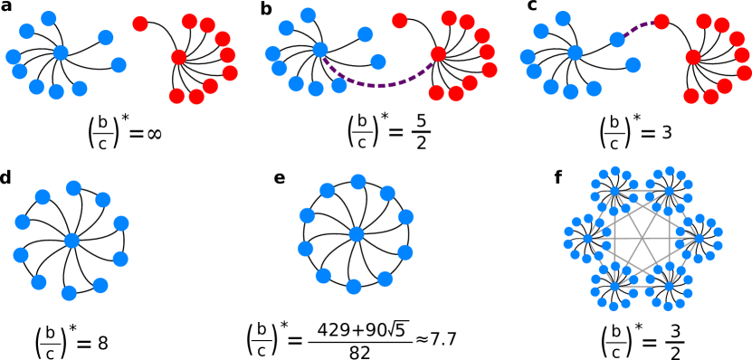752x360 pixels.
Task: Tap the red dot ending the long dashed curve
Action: coord(438,54)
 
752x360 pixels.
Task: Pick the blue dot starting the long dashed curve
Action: coord(320,50)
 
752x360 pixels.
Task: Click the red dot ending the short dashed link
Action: coord(662,22)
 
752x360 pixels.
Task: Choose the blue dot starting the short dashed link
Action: coord(617,40)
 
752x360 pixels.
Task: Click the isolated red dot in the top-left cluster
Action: coord(140,24)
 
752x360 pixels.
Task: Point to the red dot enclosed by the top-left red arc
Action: coord(179,57)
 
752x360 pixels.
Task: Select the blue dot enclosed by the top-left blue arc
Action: coord(61,53)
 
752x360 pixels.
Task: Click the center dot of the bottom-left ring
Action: coord(71,241)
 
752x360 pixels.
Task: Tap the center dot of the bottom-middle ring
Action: coord(357,234)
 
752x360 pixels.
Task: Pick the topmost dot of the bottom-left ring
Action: coord(73,188)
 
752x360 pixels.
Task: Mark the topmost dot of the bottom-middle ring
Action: coord(358,182)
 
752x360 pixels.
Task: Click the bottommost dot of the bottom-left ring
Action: coord(69,293)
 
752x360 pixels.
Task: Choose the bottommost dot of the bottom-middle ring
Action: coord(354,287)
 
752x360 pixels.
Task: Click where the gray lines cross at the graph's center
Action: coord(642,239)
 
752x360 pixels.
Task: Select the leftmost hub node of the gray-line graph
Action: coord(587,239)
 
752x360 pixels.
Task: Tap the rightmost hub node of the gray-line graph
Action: coord(698,239)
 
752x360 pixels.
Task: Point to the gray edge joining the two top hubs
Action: coord(642,191)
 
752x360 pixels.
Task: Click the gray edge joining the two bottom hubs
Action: coord(642,287)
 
